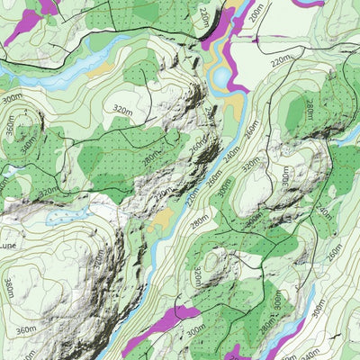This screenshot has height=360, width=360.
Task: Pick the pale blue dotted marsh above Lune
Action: pos(63,217)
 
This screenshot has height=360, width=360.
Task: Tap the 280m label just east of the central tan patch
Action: pos(199,215)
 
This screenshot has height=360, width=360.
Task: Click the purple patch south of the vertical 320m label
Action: pos(171,319)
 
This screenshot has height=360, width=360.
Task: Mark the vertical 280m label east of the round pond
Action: pos(309,109)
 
